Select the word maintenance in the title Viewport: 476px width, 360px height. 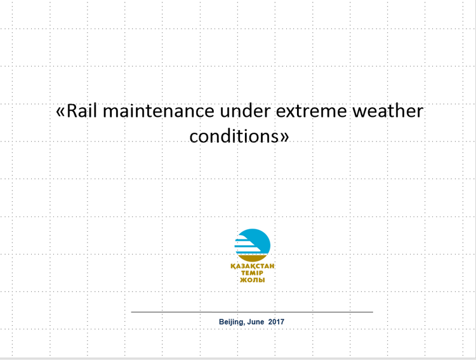(x=159, y=111)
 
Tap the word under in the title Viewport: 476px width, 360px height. (x=245, y=111)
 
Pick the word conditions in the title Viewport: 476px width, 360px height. (x=234, y=136)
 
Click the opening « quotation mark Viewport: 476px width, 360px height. (x=61, y=112)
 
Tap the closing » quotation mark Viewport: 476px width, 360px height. (x=284, y=137)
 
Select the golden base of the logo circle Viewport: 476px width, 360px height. (x=252, y=258)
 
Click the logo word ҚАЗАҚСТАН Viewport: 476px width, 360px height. (x=252, y=266)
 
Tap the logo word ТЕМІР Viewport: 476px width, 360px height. (x=252, y=273)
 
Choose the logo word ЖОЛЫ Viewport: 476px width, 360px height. (x=252, y=280)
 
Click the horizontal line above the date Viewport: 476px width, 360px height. (x=252, y=312)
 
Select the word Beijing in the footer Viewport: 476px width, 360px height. (x=232, y=322)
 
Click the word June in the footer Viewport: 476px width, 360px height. (x=256, y=322)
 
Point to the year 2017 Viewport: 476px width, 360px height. (x=276, y=322)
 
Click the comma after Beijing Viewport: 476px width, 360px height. (x=244, y=324)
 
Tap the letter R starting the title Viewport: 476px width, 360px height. (x=72, y=111)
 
